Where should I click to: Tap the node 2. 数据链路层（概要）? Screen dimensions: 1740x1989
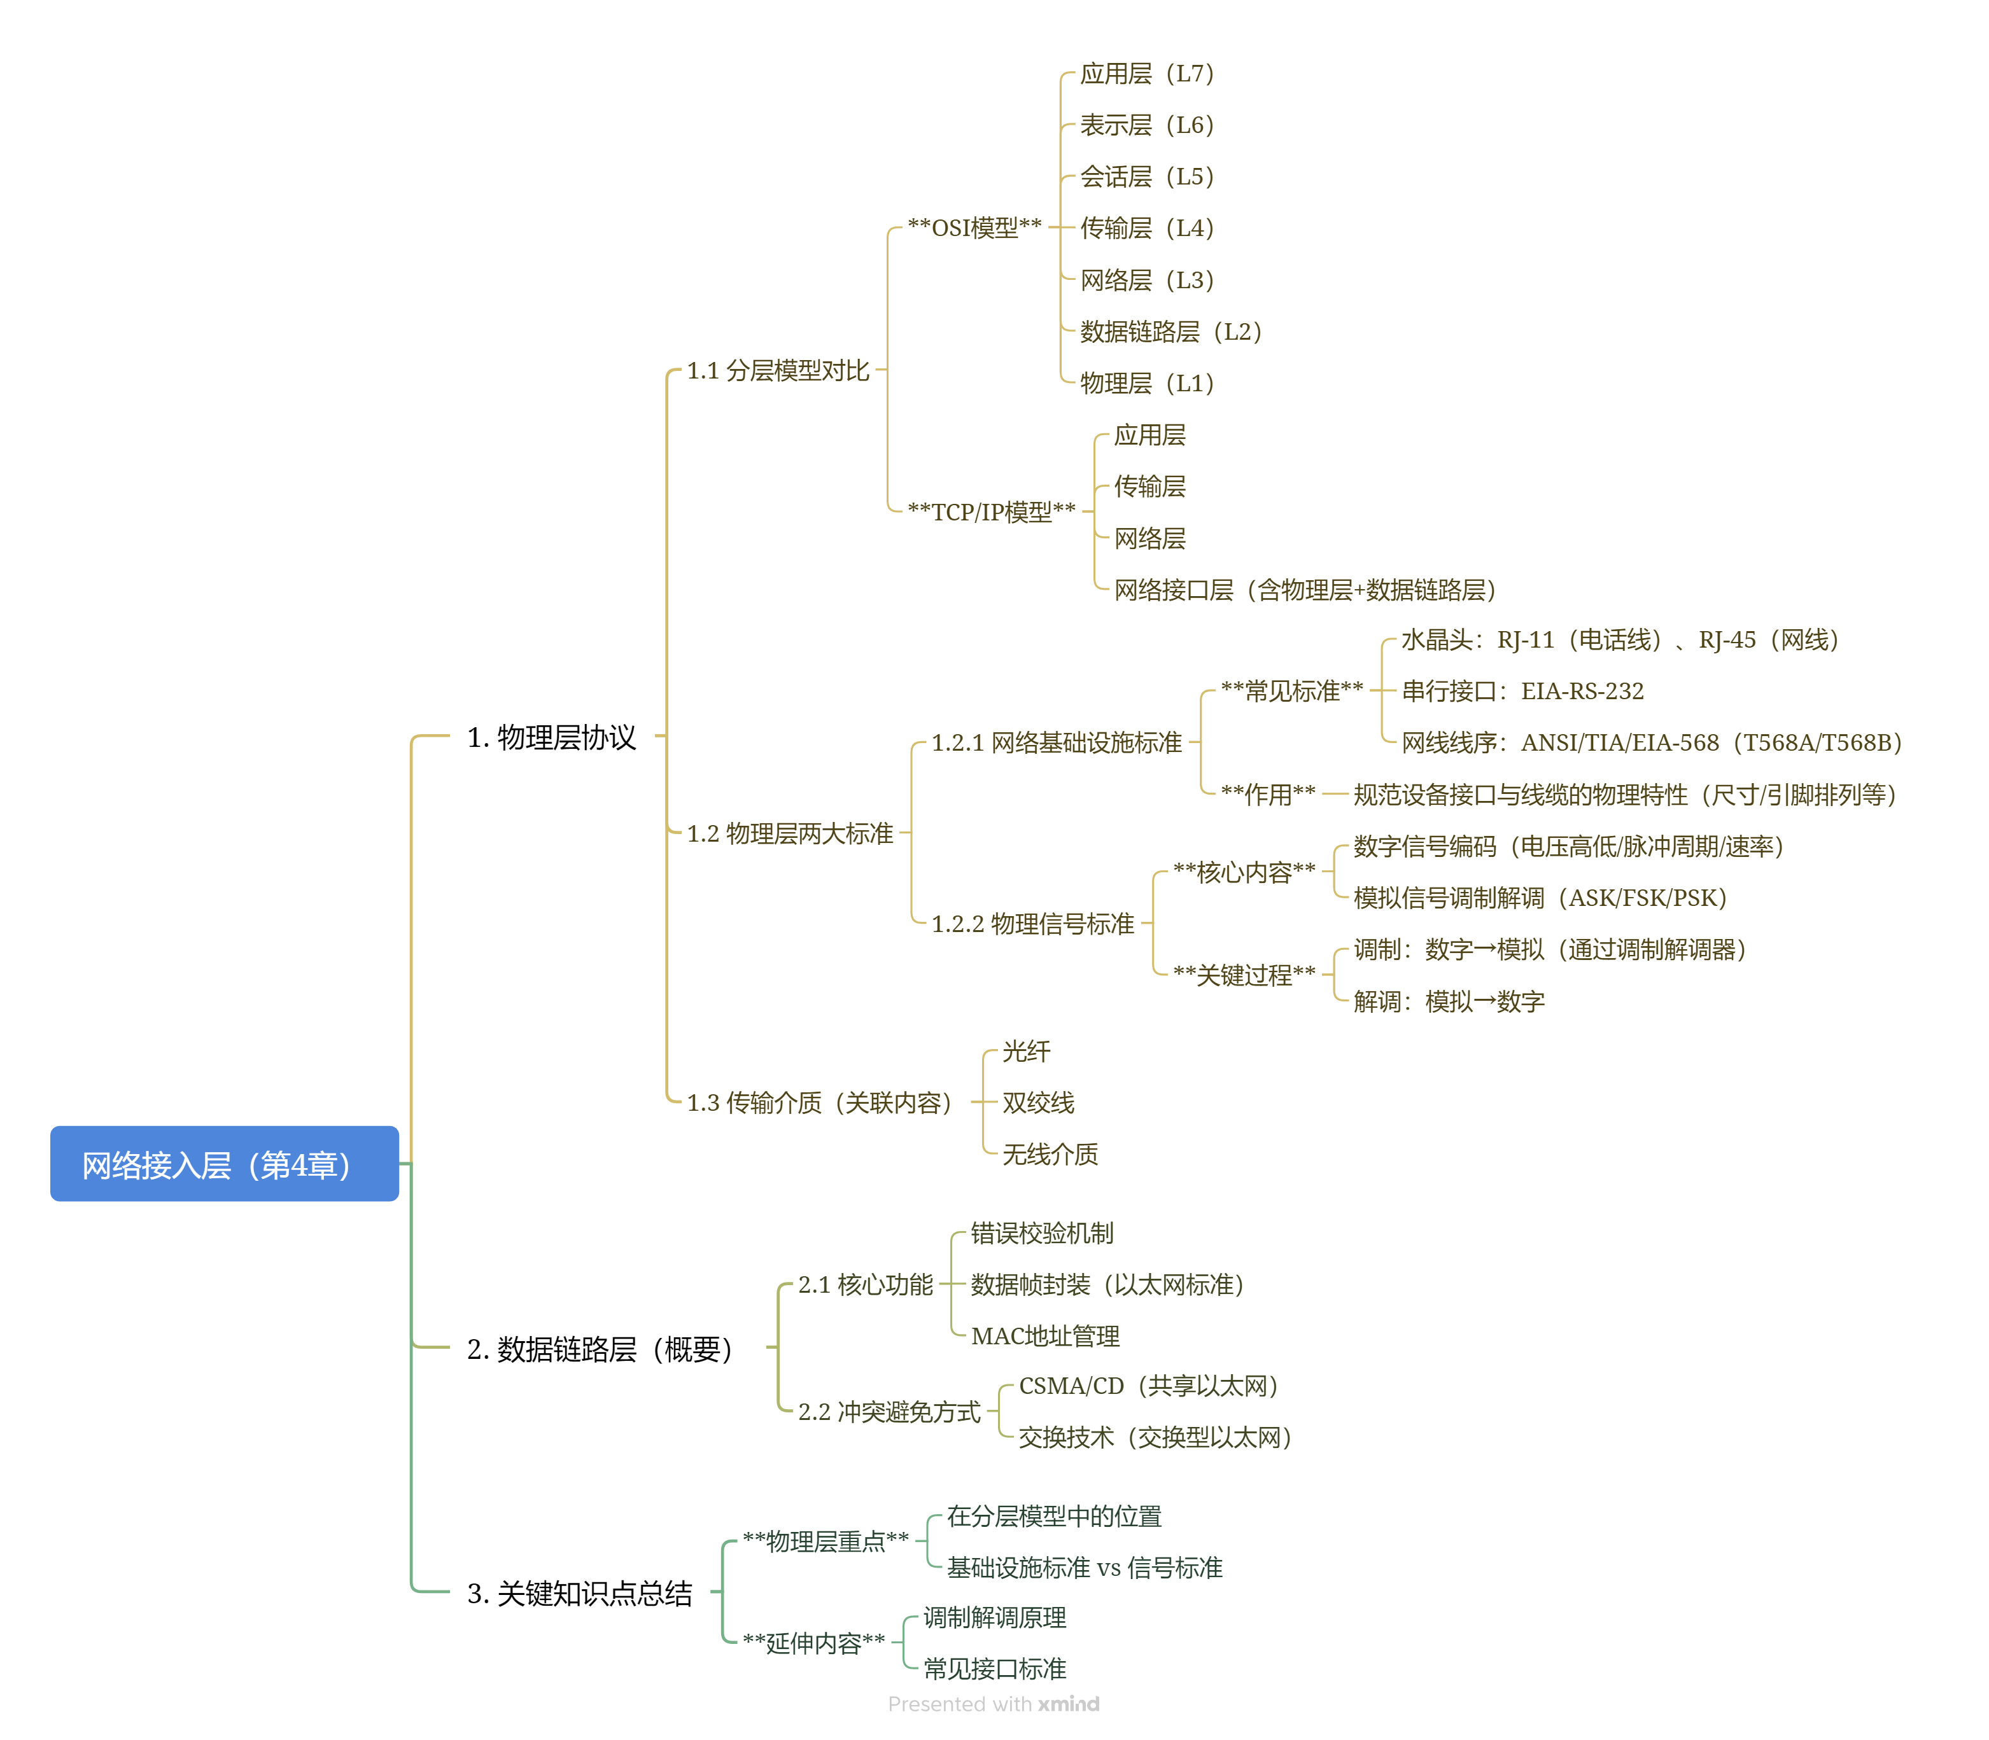click(x=599, y=1347)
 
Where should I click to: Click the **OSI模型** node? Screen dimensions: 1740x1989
click(x=974, y=228)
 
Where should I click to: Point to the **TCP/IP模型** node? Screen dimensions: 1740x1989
click(x=990, y=512)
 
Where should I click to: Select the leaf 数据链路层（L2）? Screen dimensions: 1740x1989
click(x=1170, y=332)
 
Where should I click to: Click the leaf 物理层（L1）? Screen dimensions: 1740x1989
click(x=1146, y=384)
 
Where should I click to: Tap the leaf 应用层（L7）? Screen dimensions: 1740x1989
click(x=1146, y=74)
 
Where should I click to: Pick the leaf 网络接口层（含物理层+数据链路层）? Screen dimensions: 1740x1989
click(x=1304, y=589)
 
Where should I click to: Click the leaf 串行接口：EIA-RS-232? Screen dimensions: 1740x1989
click(x=1522, y=692)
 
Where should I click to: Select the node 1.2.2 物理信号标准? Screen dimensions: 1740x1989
click(x=1032, y=923)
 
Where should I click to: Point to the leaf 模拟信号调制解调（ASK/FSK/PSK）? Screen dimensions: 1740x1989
click(x=1540, y=898)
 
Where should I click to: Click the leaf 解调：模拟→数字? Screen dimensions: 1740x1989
click(x=1448, y=1001)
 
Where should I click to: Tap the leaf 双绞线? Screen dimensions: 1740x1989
click(x=1038, y=1103)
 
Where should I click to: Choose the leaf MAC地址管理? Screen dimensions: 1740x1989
click(x=1045, y=1336)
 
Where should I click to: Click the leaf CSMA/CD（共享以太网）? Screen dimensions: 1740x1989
click(x=1148, y=1386)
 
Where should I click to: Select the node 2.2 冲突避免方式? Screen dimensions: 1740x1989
click(x=889, y=1412)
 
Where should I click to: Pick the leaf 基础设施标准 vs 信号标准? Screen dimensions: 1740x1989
click(x=1084, y=1567)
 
